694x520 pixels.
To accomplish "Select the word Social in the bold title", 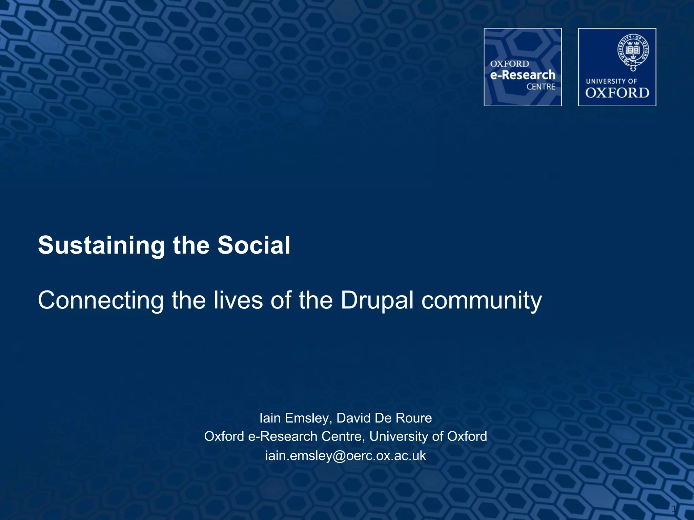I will pyautogui.click(x=254, y=245).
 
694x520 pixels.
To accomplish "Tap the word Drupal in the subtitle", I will pyautogui.click(x=377, y=300).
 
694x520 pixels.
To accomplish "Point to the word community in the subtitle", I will pyautogui.click(x=482, y=301).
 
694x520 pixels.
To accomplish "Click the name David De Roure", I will pyautogui.click(x=384, y=418).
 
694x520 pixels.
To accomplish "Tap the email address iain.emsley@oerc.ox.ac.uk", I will pyautogui.click(x=345, y=456).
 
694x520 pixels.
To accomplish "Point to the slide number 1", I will pyautogui.click(x=674, y=508).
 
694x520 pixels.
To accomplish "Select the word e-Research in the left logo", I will pyautogui.click(x=522, y=75).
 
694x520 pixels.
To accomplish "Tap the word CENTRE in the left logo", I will pyautogui.click(x=540, y=87).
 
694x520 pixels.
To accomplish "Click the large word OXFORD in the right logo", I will pyautogui.click(x=617, y=93).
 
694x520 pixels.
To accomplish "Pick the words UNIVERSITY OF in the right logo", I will pyautogui.click(x=611, y=81).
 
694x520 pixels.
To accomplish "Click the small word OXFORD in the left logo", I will pyautogui.click(x=509, y=64).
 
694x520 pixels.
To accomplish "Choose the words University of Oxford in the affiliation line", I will pyautogui.click(x=428, y=437).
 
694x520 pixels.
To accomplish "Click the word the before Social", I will pyautogui.click(x=191, y=245).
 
